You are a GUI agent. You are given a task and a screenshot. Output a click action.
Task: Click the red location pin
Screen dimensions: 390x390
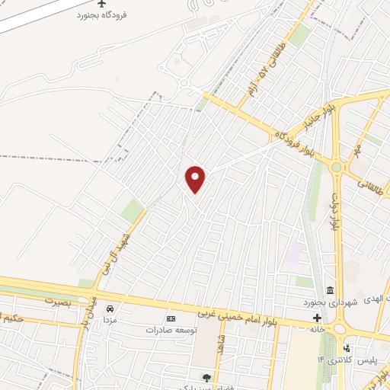(195, 179)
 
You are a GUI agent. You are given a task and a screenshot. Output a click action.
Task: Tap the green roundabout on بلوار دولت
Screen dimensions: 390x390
(336, 168)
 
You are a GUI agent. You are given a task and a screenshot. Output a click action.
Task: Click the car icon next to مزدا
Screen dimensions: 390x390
(111, 308)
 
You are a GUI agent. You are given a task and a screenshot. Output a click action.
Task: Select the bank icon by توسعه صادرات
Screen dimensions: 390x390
(171, 319)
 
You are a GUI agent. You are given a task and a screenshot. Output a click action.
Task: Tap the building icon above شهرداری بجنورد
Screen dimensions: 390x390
(329, 291)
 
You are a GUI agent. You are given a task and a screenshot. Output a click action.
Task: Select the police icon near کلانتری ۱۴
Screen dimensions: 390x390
(347, 349)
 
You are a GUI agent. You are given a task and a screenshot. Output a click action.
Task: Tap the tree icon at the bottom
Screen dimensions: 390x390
(205, 377)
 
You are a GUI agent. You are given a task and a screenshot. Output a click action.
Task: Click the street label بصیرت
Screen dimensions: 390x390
(56, 301)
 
